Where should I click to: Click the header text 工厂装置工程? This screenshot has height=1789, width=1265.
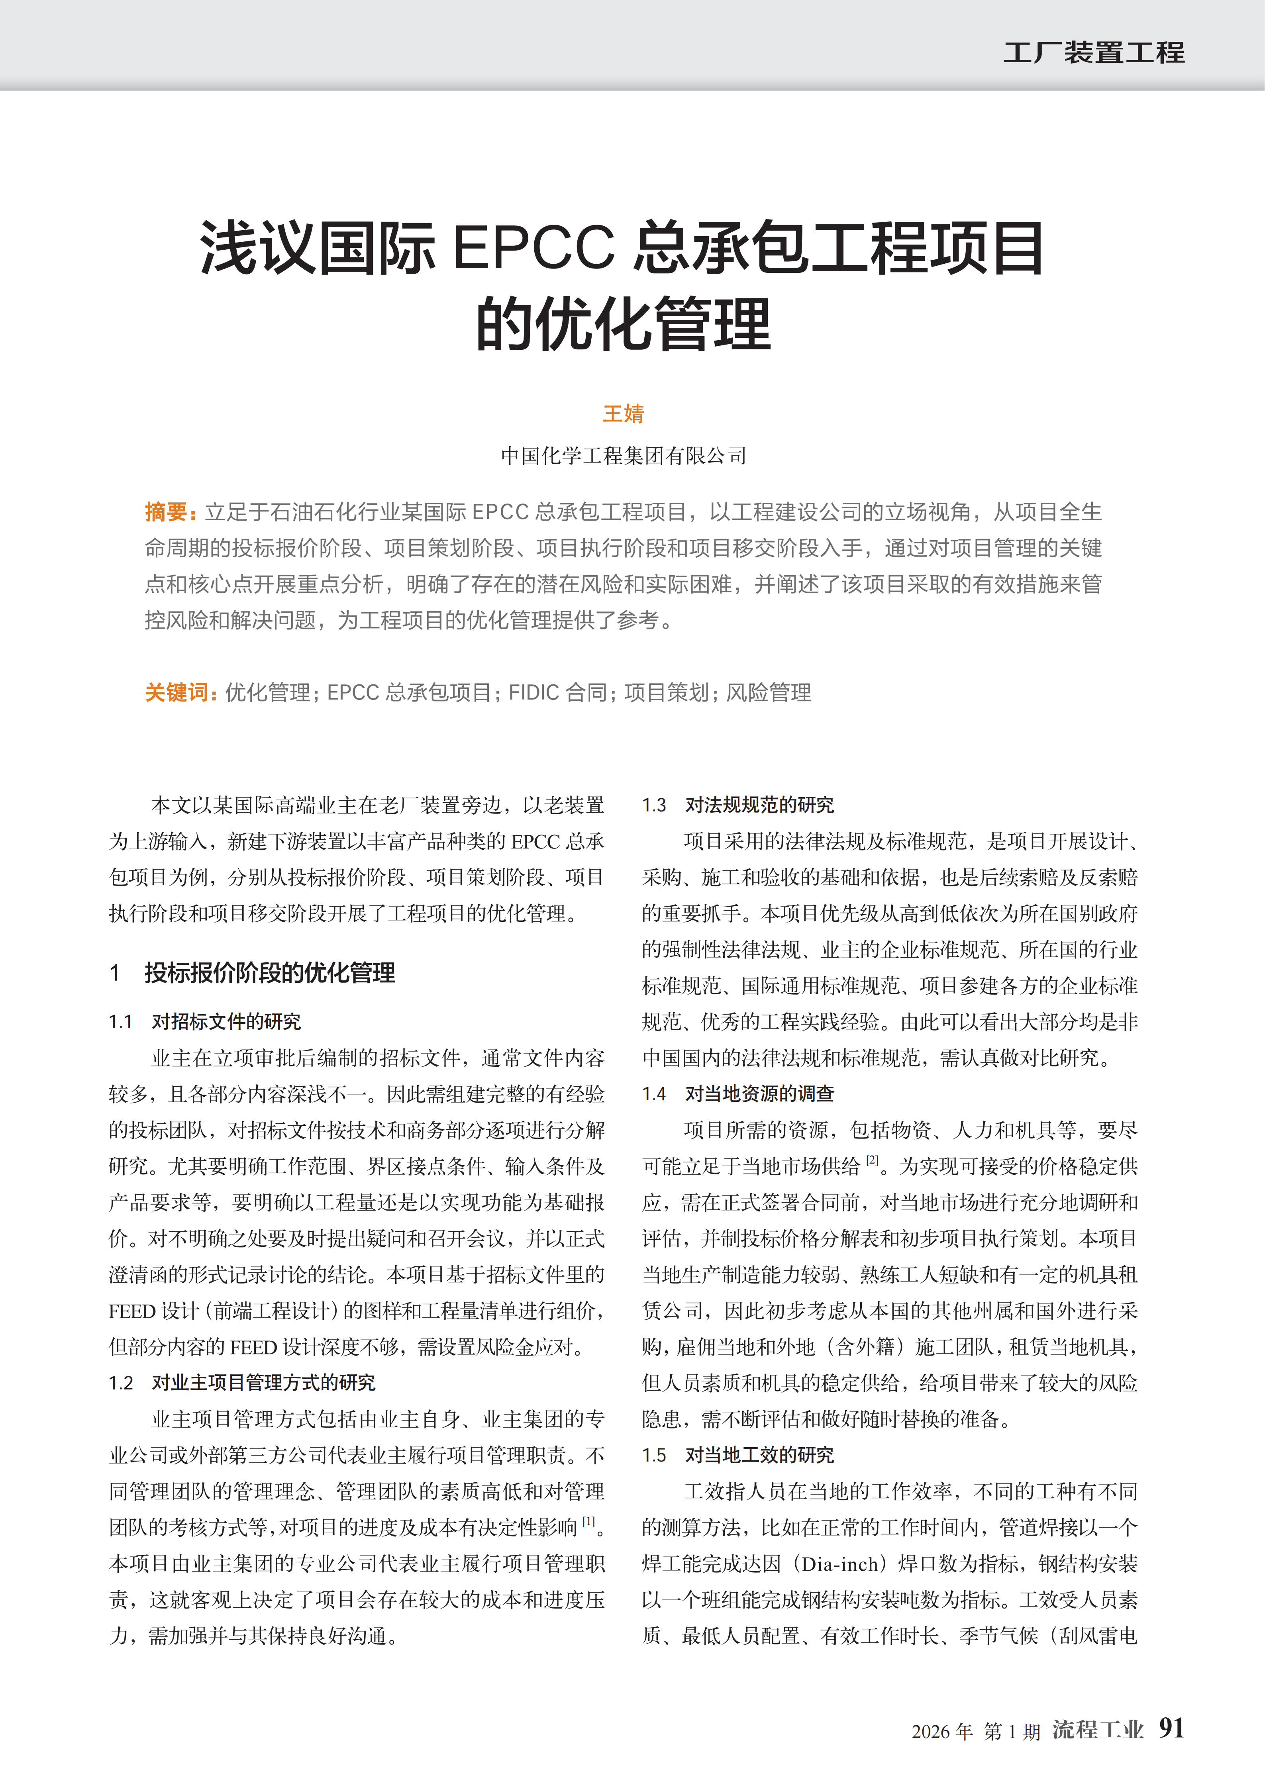click(1094, 53)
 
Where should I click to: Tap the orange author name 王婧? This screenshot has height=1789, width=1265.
click(624, 414)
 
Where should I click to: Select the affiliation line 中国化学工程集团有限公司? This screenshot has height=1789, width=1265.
click(624, 456)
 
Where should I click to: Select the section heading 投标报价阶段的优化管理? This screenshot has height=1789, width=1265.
click(270, 973)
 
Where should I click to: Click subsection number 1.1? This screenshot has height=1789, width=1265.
click(121, 1021)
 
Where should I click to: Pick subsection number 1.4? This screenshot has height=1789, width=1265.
click(654, 1094)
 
